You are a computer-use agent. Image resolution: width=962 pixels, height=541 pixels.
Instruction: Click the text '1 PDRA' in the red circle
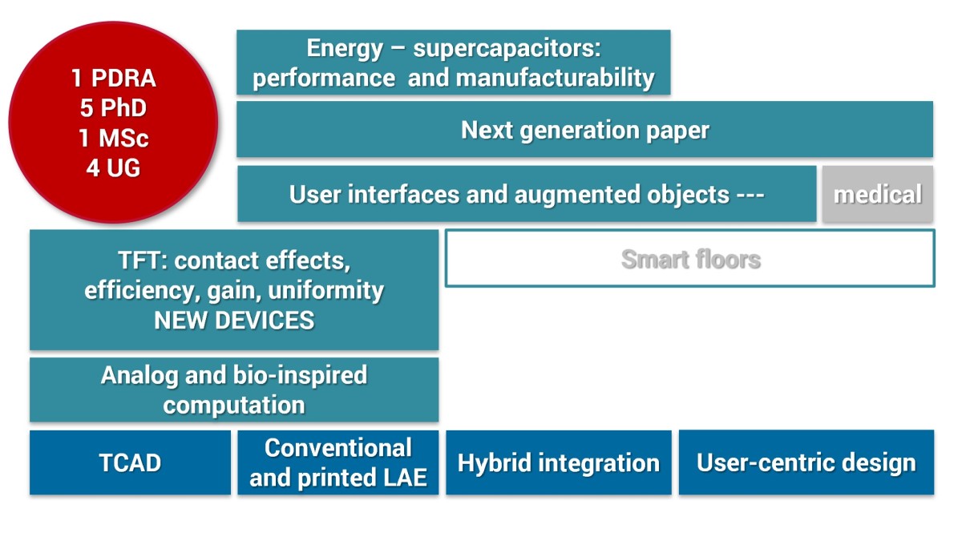pyautogui.click(x=113, y=79)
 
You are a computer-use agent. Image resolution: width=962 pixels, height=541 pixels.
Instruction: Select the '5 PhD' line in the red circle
pyautogui.click(x=113, y=108)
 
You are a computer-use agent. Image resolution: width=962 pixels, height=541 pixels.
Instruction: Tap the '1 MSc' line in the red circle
pyautogui.click(x=113, y=139)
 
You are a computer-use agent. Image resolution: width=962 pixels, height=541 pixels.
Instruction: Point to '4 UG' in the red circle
pyautogui.click(x=113, y=169)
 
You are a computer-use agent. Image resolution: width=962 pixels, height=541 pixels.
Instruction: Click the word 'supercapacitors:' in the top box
pyautogui.click(x=507, y=48)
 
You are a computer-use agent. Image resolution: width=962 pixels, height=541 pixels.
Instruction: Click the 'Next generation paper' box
pyautogui.click(x=584, y=130)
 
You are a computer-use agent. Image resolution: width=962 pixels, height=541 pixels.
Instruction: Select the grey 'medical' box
pyautogui.click(x=877, y=194)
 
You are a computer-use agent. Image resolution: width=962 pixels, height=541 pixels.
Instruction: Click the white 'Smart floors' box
pyautogui.click(x=690, y=259)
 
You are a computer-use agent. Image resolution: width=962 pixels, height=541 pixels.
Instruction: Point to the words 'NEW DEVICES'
pyautogui.click(x=234, y=321)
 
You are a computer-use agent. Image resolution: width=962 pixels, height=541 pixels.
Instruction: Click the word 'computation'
pyautogui.click(x=234, y=405)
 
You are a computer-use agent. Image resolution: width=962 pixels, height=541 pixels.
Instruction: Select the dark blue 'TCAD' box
pyautogui.click(x=130, y=462)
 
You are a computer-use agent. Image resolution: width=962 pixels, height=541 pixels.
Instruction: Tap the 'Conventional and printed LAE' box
pyautogui.click(x=338, y=462)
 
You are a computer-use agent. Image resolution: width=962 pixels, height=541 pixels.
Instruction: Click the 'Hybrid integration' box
pyautogui.click(x=558, y=462)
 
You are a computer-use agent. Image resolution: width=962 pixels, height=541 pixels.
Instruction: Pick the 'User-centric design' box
pyautogui.click(x=806, y=462)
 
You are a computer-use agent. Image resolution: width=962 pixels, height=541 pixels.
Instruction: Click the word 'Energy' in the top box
pyautogui.click(x=346, y=48)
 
